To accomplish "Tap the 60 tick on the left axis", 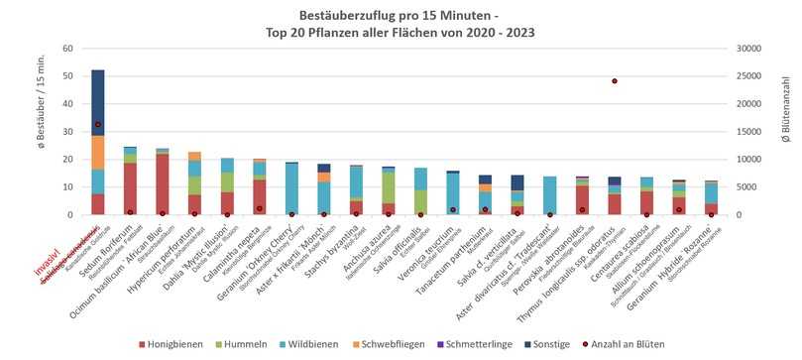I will [x=68, y=48].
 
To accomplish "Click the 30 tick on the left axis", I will [x=68, y=131].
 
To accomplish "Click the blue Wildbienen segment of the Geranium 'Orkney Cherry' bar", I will [x=291, y=188].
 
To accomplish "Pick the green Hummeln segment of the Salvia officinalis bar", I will [x=420, y=202].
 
